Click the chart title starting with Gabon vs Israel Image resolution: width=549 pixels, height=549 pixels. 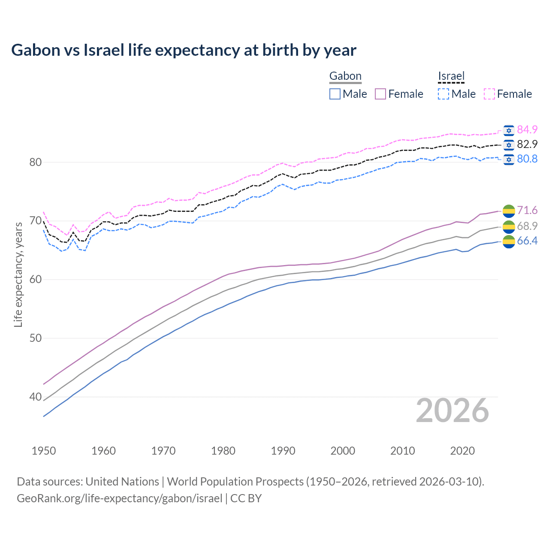click(184, 50)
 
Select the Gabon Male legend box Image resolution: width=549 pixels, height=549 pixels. click(335, 94)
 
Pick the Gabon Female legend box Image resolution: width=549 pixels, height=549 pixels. click(381, 94)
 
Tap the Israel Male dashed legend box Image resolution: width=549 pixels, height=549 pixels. click(443, 94)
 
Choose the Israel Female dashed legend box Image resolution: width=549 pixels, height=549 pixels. click(489, 94)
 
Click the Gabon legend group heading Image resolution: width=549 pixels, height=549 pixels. click(345, 76)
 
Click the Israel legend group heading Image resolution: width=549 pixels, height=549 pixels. click(451, 76)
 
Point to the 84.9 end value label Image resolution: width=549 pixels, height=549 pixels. click(527, 130)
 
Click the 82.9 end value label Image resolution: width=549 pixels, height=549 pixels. click(527, 144)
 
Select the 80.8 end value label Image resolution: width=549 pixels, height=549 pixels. click(527, 159)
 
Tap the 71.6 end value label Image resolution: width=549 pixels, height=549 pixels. click(527, 210)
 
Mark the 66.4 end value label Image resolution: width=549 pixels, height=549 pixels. click(527, 241)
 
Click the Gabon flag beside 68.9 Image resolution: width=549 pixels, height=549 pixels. click(509, 226)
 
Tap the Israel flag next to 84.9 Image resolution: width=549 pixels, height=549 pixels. click(509, 130)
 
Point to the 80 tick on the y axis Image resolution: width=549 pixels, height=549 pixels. click(35, 162)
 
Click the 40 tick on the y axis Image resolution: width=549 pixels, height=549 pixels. click(35, 397)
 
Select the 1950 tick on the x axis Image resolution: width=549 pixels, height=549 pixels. click(44, 451)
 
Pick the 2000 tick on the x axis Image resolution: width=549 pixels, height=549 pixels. click(343, 451)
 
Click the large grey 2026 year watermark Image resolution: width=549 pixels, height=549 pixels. click(452, 410)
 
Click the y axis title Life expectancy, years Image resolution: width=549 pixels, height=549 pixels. click(18, 274)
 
